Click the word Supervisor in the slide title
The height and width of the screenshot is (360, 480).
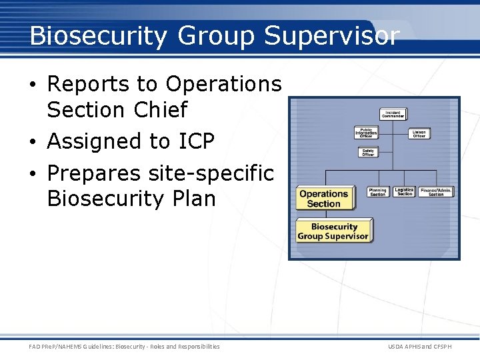coord(332,36)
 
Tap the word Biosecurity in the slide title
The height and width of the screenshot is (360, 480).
coord(99,36)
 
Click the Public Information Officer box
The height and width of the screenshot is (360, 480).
coord(366,133)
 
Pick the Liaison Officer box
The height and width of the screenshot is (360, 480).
coord(419,133)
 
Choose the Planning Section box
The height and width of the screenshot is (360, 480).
coord(378,192)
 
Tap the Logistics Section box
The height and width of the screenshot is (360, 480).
coord(404,192)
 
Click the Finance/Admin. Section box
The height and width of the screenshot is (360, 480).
coord(436,192)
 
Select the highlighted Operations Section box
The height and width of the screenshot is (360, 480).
coord(324,199)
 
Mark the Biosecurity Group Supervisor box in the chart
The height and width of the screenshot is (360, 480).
coord(333,231)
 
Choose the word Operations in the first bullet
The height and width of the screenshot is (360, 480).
coord(224,84)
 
